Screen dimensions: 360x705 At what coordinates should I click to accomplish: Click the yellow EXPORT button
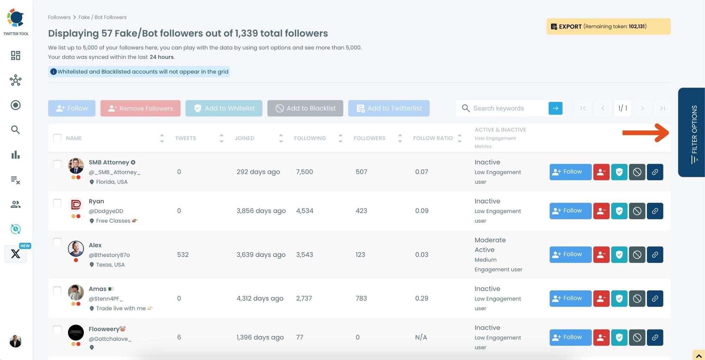point(608,26)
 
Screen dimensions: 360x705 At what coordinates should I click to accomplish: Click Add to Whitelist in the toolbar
point(224,108)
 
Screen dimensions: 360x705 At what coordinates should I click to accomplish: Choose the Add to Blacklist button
point(305,108)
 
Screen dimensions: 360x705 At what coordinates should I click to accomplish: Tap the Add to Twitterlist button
point(388,108)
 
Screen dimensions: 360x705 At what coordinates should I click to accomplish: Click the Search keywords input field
point(508,108)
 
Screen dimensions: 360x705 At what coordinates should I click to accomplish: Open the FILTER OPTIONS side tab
point(692,133)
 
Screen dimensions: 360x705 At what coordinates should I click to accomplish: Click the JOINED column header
point(244,138)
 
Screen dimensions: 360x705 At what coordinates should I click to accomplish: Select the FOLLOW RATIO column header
point(433,138)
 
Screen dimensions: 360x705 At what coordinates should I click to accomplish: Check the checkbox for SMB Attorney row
point(57,164)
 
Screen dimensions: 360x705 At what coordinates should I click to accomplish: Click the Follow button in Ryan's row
point(570,211)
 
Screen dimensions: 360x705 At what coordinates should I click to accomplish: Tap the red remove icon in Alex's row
point(601,255)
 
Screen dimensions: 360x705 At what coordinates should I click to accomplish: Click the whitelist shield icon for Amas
point(619,298)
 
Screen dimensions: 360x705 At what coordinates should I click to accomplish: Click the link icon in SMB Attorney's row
point(655,172)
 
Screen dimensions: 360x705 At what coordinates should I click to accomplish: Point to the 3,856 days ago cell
point(261,211)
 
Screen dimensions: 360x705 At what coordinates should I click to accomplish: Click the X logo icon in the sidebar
point(16,254)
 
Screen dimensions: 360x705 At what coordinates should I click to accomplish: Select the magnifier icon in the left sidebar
point(15,130)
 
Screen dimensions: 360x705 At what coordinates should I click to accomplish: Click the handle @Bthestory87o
point(109,255)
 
